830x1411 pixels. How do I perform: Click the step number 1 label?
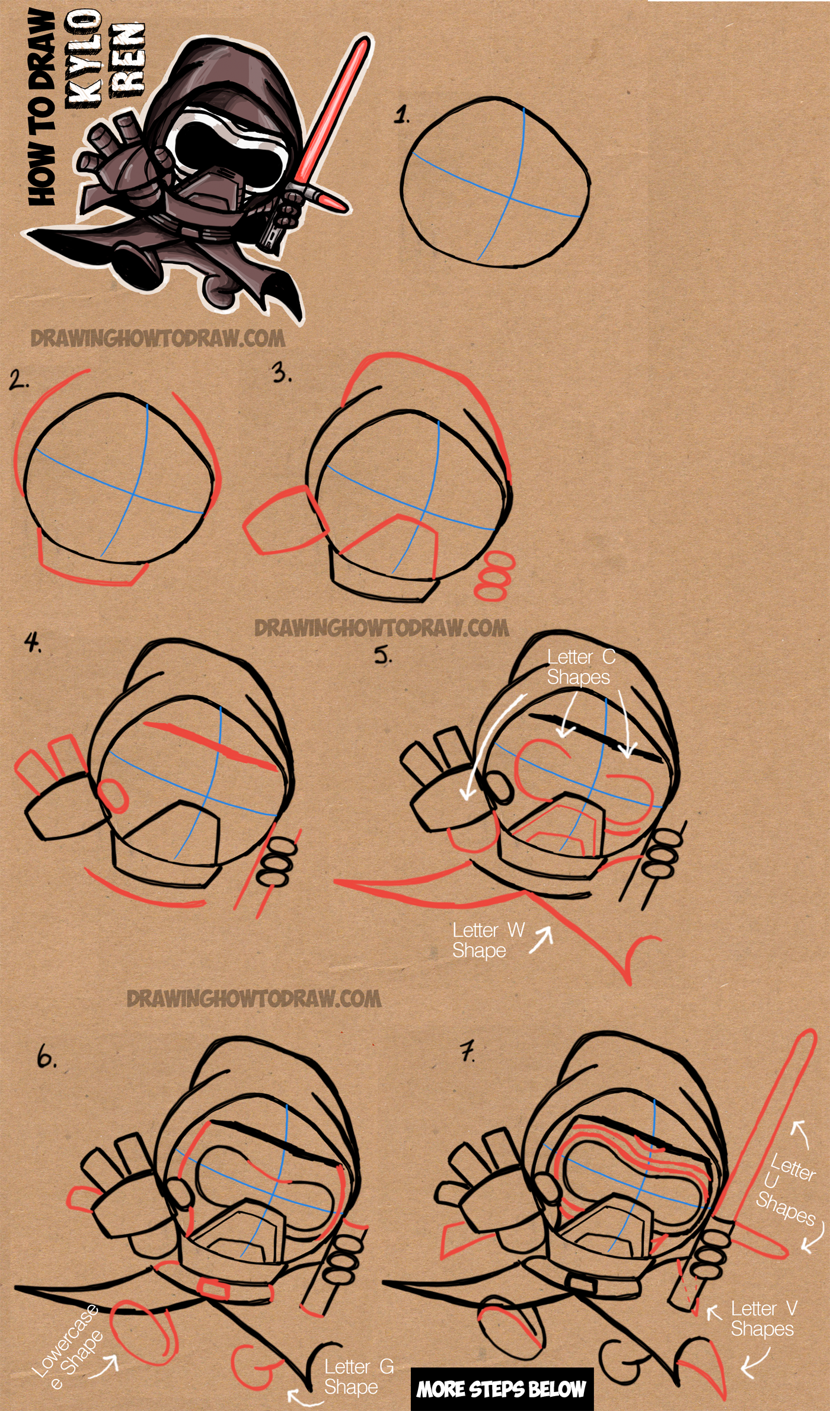pos(403,114)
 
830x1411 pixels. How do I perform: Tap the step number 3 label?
pos(281,373)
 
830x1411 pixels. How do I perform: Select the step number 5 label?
pos(383,655)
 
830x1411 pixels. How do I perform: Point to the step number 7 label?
pos(468,1052)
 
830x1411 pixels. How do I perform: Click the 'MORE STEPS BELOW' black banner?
pos(501,1388)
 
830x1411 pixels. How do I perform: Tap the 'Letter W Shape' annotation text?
pos(487,940)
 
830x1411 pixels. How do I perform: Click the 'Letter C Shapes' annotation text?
pos(580,667)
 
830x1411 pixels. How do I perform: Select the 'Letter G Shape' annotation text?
pos(358,1377)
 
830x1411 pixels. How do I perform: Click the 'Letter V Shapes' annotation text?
pos(763,1319)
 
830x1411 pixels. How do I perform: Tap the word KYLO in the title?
pos(83,59)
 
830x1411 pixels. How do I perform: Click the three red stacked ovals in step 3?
pos(494,576)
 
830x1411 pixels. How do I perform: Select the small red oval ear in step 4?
pos(113,796)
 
